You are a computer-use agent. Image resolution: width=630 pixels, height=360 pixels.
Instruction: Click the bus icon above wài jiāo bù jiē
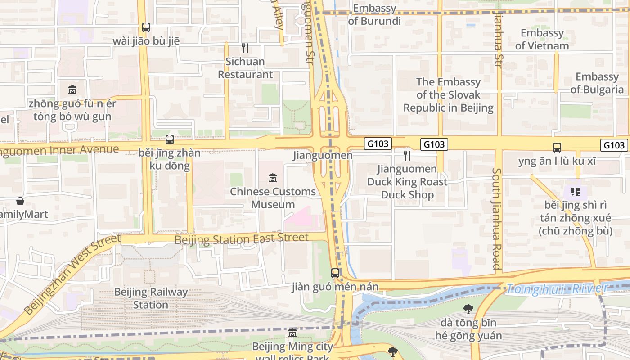coord(146,27)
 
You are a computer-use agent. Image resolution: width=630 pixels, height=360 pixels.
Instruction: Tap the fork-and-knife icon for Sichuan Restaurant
coord(245,48)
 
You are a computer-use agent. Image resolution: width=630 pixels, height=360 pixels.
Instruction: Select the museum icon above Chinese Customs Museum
coord(272,178)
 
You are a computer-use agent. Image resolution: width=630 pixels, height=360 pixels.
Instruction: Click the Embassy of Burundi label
coord(374,15)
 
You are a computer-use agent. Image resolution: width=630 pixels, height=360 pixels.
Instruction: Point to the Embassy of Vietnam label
coord(542,39)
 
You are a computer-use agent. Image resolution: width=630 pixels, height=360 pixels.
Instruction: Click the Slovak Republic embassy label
coord(448,95)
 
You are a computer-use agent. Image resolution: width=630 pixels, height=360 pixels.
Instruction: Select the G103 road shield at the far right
coord(614,145)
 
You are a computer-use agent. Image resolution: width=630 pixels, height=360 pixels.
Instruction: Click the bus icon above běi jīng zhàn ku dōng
coord(170,139)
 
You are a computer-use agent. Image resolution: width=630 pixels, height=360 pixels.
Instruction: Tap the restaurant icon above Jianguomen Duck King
coord(407,156)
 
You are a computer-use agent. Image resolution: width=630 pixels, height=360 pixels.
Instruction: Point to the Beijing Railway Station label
coord(150,298)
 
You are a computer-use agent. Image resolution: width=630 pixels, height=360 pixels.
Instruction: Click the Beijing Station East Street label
coord(242,238)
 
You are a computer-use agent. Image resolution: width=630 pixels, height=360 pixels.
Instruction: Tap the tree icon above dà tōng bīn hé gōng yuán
coord(468,309)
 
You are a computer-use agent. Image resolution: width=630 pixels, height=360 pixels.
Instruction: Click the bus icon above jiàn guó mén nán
coord(335,273)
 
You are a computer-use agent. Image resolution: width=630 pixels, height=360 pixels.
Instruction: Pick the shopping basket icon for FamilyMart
coord(20,201)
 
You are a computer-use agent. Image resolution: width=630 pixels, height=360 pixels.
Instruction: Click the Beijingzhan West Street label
coord(72,274)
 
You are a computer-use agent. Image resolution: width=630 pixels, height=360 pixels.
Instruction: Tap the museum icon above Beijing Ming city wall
coord(292,333)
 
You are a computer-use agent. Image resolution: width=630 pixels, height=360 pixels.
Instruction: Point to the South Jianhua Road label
coord(497,219)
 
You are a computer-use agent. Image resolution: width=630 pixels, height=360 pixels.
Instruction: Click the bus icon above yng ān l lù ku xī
coord(557,147)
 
